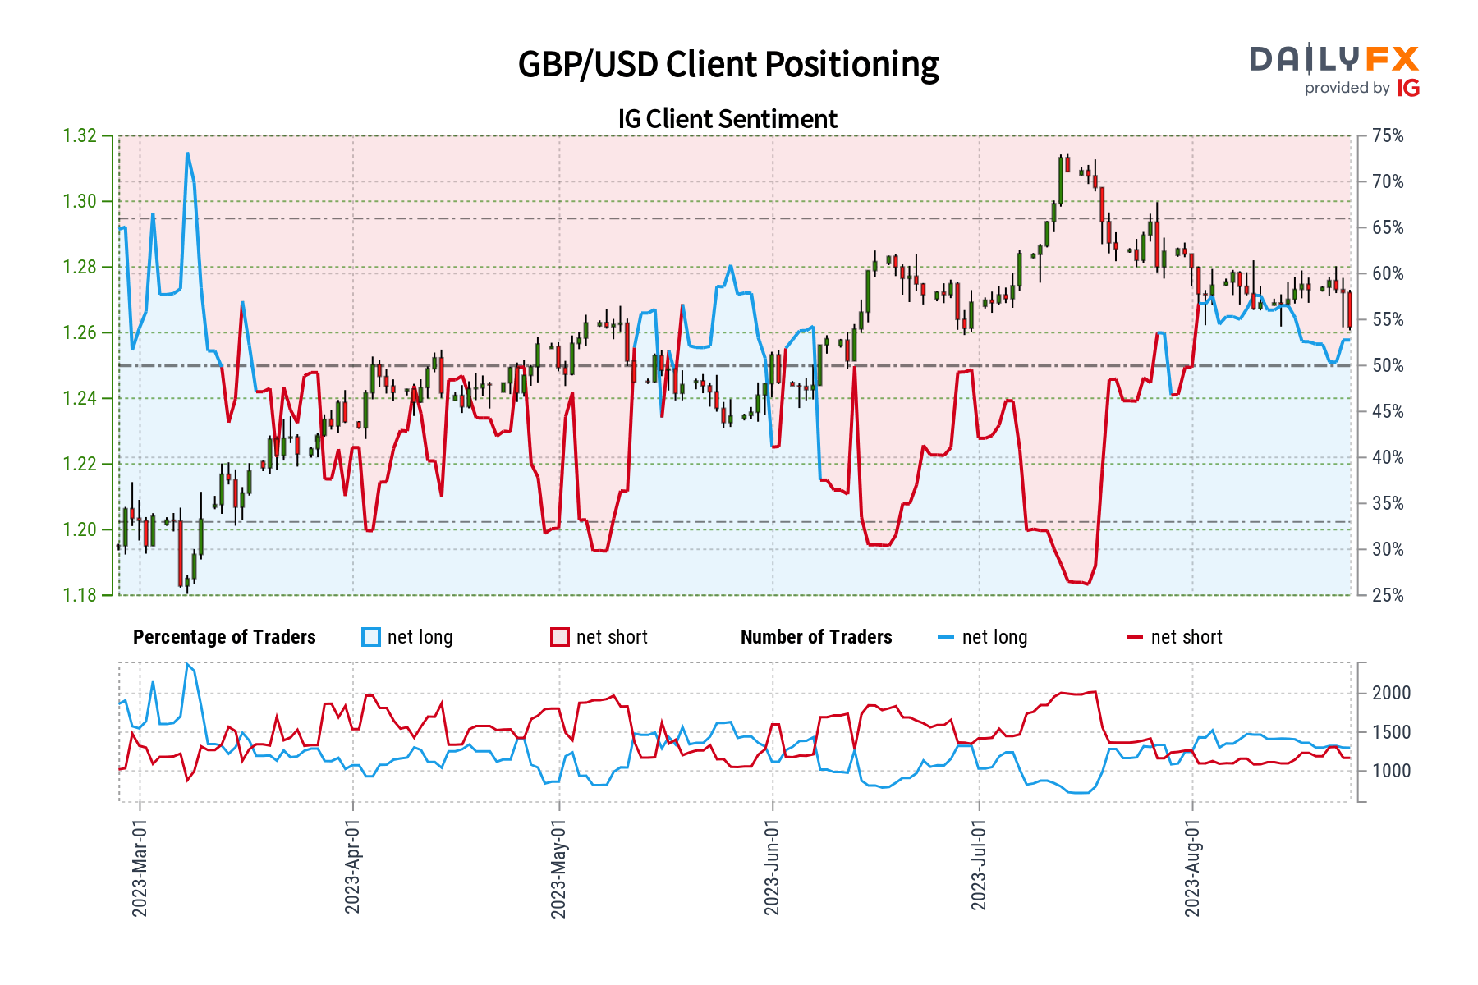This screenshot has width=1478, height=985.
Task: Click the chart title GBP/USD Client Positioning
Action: [728, 64]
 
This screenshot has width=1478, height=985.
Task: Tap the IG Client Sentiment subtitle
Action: [728, 119]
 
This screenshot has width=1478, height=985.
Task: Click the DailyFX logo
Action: [1334, 59]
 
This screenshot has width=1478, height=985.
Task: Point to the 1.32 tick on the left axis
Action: [80, 135]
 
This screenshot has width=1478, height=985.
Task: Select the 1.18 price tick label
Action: [80, 595]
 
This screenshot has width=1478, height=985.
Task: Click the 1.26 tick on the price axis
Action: [80, 332]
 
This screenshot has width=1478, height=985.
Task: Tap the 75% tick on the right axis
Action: [1388, 135]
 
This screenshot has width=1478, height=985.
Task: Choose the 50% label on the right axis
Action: [1388, 365]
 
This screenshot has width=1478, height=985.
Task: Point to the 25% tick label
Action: [1388, 595]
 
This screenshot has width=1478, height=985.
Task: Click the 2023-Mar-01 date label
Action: [140, 868]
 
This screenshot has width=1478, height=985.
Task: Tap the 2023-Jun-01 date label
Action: [772, 868]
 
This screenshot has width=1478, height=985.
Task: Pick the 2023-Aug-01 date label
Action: [1192, 868]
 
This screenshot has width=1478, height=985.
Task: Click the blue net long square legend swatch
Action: [371, 637]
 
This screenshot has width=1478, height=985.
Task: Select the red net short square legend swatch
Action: [560, 637]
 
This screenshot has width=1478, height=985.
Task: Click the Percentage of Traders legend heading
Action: [224, 637]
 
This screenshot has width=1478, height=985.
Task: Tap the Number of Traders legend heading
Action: [816, 637]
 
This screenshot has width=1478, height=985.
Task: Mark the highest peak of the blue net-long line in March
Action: [187, 153]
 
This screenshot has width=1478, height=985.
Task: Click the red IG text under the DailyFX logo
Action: [1408, 88]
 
